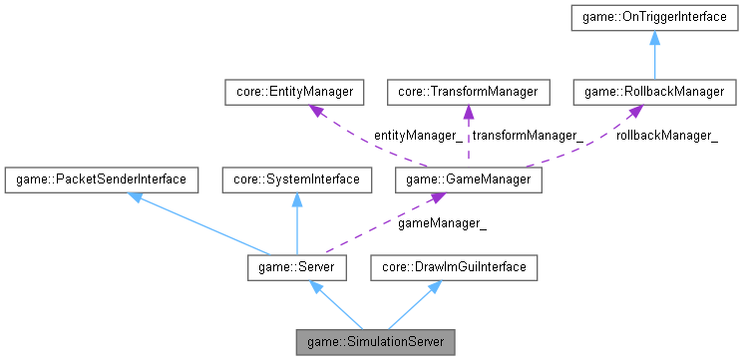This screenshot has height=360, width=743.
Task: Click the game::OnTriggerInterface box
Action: pyautogui.click(x=655, y=17)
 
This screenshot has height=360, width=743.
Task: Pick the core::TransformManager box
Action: pyautogui.click(x=467, y=93)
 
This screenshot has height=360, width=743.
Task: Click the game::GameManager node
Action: pyautogui.click(x=469, y=180)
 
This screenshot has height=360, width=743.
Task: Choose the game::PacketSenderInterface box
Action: pyautogui.click(x=100, y=180)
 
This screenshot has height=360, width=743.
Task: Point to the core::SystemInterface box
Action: pyautogui.click(x=296, y=180)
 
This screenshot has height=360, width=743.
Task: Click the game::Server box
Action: pyautogui.click(x=296, y=267)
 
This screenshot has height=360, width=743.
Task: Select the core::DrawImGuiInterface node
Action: pyautogui.click(x=455, y=267)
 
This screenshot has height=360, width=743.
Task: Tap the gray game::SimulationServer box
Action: pyautogui.click(x=375, y=342)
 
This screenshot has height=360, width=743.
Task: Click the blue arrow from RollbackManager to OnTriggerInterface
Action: pyautogui.click(x=655, y=55)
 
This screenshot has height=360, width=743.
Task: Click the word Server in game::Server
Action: pyautogui.click(x=314, y=267)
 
